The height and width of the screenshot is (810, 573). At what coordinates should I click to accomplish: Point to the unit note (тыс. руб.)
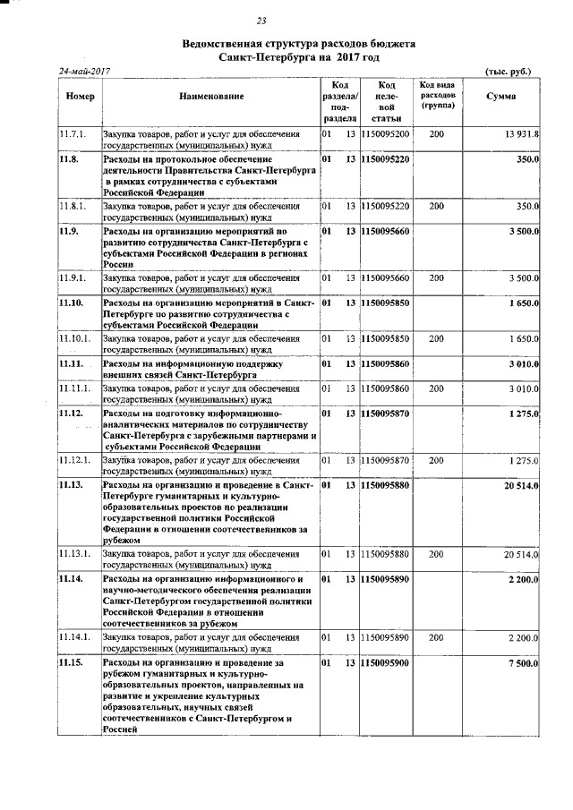[507, 71]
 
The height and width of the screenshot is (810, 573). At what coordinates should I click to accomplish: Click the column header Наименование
[210, 96]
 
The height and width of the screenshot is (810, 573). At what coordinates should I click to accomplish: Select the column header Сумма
[500, 96]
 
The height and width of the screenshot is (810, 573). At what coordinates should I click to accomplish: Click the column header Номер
[80, 96]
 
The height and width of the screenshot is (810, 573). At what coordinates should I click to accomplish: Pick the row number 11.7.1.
[72, 133]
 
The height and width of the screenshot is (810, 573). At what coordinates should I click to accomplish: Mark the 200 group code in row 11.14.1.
[436, 637]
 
